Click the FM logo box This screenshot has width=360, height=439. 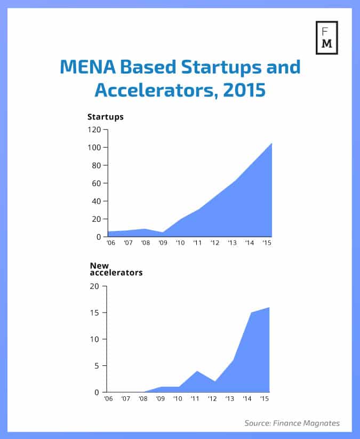click(x=326, y=38)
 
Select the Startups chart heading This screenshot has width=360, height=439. click(x=106, y=117)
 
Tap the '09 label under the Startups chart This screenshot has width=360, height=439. click(x=163, y=243)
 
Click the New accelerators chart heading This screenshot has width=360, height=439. click(x=116, y=269)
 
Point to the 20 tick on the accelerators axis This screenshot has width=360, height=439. click(x=95, y=286)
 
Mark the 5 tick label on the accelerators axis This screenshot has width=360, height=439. click(x=97, y=366)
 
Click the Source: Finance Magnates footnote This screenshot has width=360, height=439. click(x=292, y=423)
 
